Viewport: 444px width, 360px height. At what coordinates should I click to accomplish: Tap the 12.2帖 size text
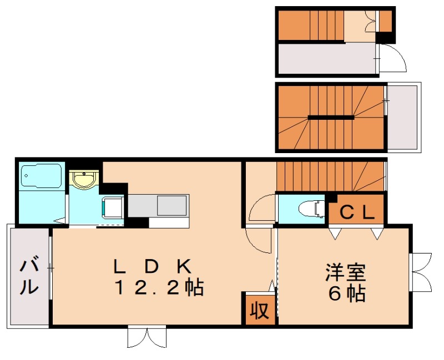point(159,288)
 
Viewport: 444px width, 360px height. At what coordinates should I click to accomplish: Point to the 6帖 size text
point(347,293)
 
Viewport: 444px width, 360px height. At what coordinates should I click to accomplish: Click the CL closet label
point(355,211)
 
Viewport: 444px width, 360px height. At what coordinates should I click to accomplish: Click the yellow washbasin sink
point(84,180)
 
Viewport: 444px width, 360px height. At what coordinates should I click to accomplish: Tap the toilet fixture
point(310,209)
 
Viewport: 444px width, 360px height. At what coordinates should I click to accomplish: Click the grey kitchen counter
point(159,206)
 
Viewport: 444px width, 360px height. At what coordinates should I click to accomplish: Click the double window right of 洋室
point(421,271)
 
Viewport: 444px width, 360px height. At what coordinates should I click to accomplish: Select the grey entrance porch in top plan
point(327,59)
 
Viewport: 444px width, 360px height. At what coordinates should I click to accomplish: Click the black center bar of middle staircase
point(331,117)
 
